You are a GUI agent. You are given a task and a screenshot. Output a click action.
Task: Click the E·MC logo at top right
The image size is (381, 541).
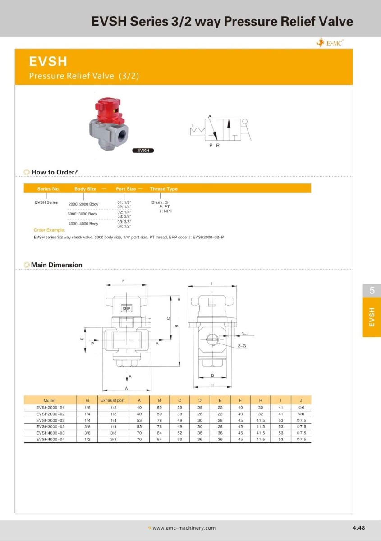pyautogui.click(x=330, y=43)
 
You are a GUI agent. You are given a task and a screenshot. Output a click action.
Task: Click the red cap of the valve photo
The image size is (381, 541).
pyautogui.click(x=108, y=110)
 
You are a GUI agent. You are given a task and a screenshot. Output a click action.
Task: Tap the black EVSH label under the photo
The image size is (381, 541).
pyautogui.click(x=143, y=151)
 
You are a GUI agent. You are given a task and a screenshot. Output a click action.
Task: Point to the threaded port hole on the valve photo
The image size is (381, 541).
pyautogui.click(x=124, y=137)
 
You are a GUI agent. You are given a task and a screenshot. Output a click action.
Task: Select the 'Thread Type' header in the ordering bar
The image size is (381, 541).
pyautogui.click(x=164, y=189)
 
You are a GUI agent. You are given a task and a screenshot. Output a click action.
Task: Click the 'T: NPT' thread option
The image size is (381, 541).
pyautogui.click(x=165, y=211)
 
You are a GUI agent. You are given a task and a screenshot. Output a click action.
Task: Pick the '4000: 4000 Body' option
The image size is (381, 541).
pyautogui.click(x=83, y=224)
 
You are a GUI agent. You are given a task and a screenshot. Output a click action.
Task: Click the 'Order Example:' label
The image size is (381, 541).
pyautogui.click(x=49, y=230)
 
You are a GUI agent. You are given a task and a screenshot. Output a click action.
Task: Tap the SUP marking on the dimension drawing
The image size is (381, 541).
pyautogui.click(x=126, y=309)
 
